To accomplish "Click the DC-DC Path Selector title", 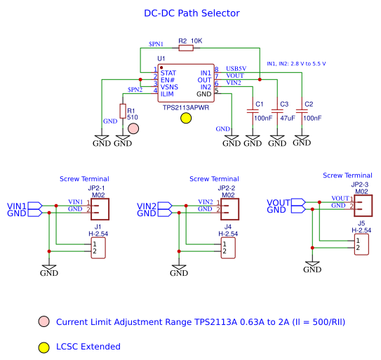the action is point(192,13).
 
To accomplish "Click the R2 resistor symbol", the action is point(186,48).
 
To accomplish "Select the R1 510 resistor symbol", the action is point(123,111).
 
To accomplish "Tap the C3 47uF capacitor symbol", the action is point(277,112).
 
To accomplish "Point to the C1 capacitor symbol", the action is point(253,112).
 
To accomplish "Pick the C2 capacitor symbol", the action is point(302,112).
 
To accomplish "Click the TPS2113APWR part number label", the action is point(186,107).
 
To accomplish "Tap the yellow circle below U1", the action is point(186,118).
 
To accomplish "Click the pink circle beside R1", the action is point(133,128).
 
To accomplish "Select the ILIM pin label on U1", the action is point(167,94).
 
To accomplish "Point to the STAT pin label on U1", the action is point(168,73).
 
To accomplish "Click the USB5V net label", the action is point(236,69).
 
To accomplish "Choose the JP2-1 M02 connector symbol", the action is point(100,209).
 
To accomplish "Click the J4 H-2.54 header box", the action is point(228,248).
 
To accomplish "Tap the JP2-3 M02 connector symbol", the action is point(363,206).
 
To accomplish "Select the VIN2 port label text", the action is point(147,206).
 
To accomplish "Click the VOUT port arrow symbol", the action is point(298,202).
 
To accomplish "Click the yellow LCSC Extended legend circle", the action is point(44,347).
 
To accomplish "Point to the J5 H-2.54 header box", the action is point(361,244).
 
